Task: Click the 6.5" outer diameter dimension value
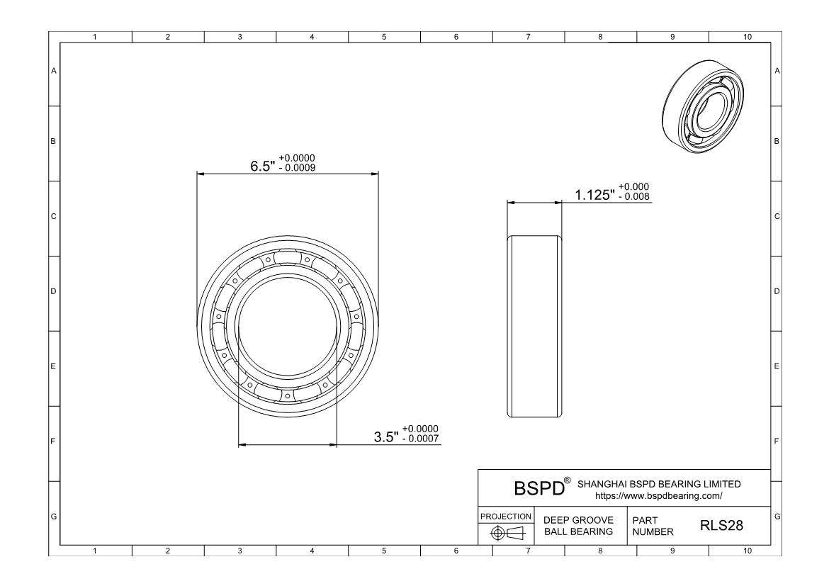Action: (262, 167)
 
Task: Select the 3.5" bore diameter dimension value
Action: (386, 437)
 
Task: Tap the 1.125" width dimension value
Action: (594, 195)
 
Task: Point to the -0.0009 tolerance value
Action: (297, 168)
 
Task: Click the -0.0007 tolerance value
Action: (420, 439)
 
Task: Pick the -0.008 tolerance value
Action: (633, 197)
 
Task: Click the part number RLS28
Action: (722, 525)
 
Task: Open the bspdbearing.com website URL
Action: (659, 496)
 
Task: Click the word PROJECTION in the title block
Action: (506, 516)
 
